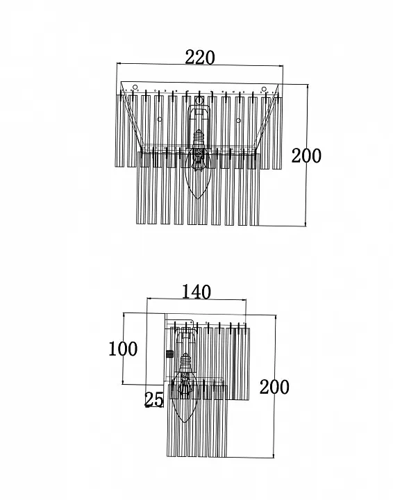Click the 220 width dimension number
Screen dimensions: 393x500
[x=200, y=58]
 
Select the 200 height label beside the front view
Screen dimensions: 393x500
[x=306, y=156]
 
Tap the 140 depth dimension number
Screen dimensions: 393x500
[x=196, y=292]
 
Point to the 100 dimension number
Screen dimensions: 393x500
[x=123, y=349]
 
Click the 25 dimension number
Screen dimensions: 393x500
[x=154, y=399]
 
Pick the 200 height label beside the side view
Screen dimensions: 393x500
[x=274, y=387]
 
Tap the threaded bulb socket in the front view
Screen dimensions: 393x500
[x=199, y=137]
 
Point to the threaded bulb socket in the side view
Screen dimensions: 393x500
[x=185, y=360]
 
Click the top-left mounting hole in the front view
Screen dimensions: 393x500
[x=135, y=87]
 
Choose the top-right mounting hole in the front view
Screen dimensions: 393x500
[x=264, y=89]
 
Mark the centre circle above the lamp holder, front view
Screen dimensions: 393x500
[x=199, y=101]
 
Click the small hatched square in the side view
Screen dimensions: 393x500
[x=169, y=353]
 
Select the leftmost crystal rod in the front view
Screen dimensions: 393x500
[x=119, y=131]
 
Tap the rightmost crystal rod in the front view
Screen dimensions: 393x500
[x=277, y=133]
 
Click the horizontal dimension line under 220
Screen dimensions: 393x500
[x=200, y=65]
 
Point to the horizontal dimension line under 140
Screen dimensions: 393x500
[x=196, y=299]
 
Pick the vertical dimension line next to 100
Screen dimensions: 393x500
[x=124, y=349]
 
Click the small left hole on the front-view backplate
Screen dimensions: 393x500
[x=160, y=119]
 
